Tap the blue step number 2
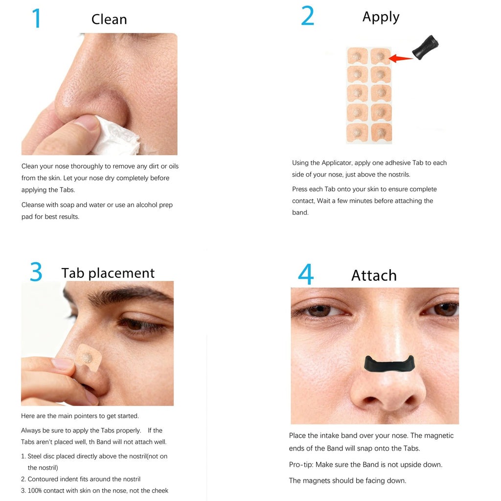307,16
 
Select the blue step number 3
36,272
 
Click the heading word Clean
109,20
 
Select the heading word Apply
381,17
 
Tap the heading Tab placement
108,273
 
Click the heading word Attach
374,275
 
